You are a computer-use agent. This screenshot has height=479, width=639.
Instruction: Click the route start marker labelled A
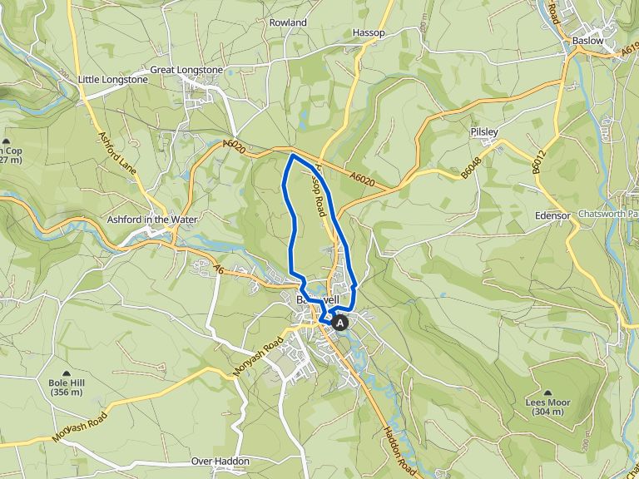[339, 323]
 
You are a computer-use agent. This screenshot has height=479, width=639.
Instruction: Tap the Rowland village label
[288, 22]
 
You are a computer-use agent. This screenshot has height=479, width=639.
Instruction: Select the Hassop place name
[369, 32]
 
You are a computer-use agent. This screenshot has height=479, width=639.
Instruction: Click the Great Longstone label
[186, 70]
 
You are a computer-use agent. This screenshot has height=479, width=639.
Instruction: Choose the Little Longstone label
[112, 80]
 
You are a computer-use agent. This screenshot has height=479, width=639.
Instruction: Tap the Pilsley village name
[483, 132]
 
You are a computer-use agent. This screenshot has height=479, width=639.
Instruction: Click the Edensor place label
[552, 215]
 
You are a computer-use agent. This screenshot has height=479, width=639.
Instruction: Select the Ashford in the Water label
[151, 220]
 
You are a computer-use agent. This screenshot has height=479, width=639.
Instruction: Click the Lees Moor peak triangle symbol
[547, 392]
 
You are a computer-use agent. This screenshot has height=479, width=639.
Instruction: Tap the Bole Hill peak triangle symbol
[67, 373]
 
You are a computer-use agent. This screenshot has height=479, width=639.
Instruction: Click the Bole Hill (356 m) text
[67, 388]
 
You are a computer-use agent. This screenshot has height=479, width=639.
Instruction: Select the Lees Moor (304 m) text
[547, 406]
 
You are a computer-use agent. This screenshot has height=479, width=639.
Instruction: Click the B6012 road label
[538, 163]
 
